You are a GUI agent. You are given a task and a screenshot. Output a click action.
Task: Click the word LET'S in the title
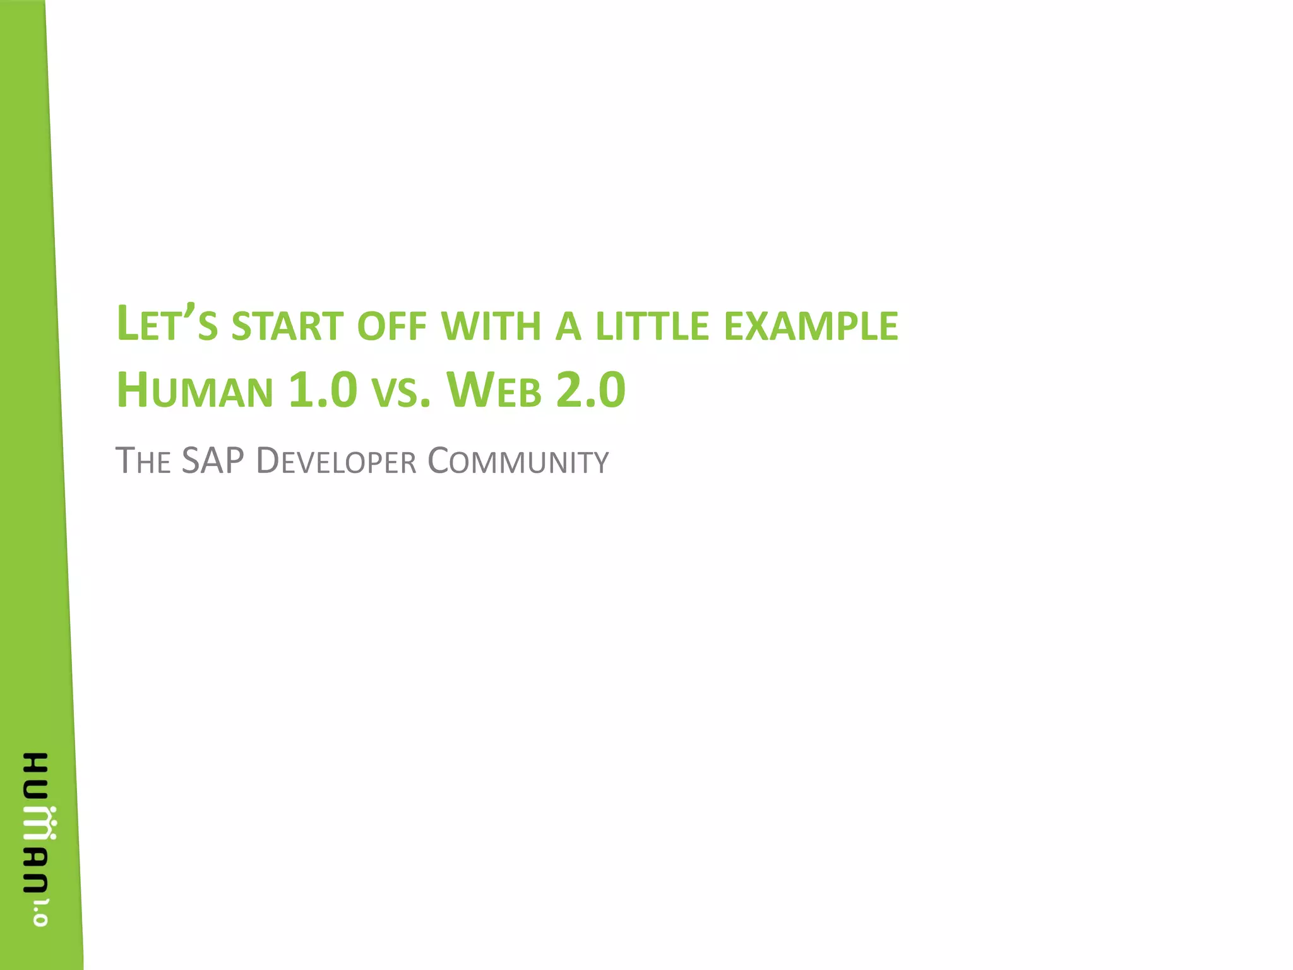(167, 325)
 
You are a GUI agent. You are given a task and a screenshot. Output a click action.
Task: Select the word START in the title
(287, 326)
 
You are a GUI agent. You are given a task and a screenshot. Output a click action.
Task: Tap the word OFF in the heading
(391, 326)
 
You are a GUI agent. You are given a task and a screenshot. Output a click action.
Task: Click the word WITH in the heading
(491, 326)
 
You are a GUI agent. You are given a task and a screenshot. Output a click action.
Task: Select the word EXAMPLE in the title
(811, 326)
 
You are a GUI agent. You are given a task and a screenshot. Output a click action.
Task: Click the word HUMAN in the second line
(194, 390)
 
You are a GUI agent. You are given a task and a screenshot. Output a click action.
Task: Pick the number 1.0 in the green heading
(323, 390)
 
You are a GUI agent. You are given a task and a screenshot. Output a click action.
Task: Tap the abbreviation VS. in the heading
(401, 392)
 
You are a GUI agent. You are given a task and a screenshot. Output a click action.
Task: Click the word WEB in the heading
(494, 390)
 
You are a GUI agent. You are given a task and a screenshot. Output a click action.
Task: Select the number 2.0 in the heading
(590, 390)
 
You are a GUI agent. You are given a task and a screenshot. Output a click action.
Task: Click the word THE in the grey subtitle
(143, 461)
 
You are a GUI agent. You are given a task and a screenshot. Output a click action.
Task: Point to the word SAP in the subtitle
(213, 460)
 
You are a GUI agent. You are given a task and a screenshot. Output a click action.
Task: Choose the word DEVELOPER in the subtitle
(336, 461)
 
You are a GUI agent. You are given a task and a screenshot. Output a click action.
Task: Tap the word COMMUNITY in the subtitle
(518, 461)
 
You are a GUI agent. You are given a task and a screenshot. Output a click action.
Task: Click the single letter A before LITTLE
(568, 326)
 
